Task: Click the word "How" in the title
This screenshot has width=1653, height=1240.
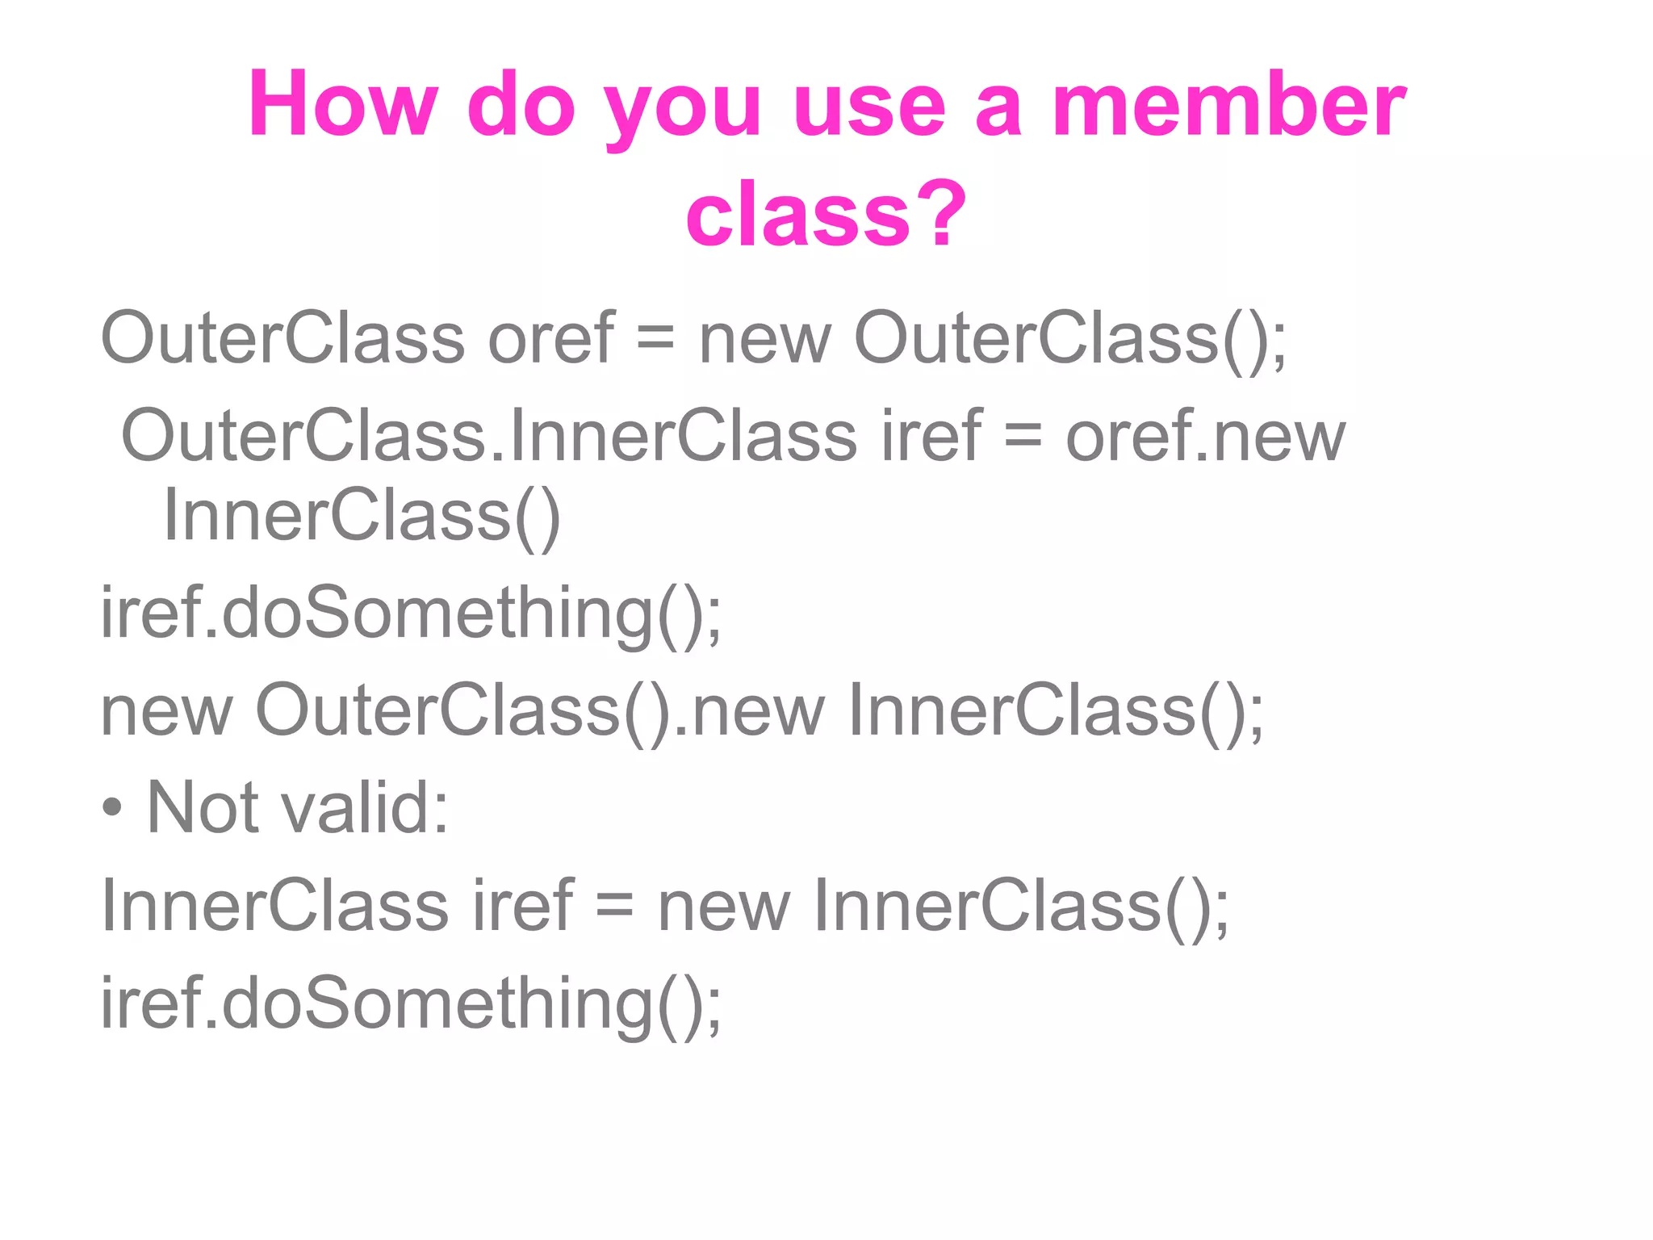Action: pos(343,105)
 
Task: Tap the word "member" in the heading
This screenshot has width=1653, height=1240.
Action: pos(1228,105)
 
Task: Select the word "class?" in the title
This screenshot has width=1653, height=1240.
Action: pos(826,213)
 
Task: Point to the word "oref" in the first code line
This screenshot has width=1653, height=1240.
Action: pos(550,337)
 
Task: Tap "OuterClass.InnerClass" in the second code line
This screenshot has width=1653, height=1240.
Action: pos(489,436)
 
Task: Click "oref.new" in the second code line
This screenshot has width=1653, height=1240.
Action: pos(1205,436)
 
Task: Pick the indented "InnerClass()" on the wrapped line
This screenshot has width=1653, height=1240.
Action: pos(362,517)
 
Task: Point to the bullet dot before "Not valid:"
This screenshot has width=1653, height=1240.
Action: pos(113,808)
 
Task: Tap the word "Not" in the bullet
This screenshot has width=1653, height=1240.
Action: pos(203,808)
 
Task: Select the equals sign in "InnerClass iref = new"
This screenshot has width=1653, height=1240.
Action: pos(614,906)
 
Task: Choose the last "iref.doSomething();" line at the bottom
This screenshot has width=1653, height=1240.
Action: pos(411,1004)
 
